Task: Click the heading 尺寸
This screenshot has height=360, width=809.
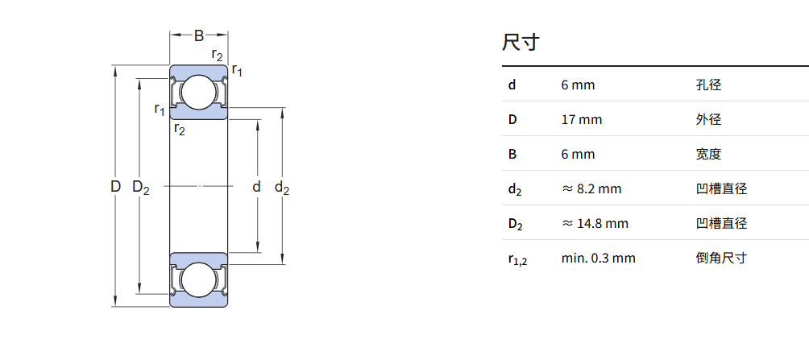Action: pyautogui.click(x=520, y=42)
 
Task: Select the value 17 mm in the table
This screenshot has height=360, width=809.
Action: pyautogui.click(x=582, y=120)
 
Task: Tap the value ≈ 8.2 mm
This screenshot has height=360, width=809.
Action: pyautogui.click(x=591, y=188)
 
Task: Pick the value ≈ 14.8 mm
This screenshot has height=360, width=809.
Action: pyautogui.click(x=595, y=223)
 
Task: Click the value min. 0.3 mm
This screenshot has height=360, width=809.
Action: pyautogui.click(x=599, y=258)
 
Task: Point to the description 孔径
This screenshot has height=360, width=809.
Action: pyautogui.click(x=708, y=85)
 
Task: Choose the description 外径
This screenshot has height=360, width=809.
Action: pyautogui.click(x=708, y=120)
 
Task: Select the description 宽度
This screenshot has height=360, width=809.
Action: pyautogui.click(x=708, y=154)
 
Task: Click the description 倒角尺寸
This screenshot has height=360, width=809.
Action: pyautogui.click(x=721, y=258)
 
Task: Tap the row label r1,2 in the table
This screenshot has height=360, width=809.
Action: pyautogui.click(x=517, y=259)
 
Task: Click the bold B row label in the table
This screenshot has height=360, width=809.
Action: pyautogui.click(x=512, y=154)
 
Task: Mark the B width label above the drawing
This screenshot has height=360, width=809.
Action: pyautogui.click(x=199, y=35)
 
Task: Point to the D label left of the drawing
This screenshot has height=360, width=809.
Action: pyautogui.click(x=115, y=187)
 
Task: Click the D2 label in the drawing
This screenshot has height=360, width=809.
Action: pyautogui.click(x=140, y=188)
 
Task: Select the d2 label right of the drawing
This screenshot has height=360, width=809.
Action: pyautogui.click(x=282, y=188)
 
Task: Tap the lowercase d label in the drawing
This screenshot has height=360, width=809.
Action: pyautogui.click(x=256, y=187)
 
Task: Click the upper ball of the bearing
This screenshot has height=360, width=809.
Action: pyautogui.click(x=199, y=93)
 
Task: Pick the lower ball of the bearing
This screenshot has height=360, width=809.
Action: pyautogui.click(x=199, y=280)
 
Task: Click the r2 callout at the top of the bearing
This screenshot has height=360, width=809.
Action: pyautogui.click(x=218, y=54)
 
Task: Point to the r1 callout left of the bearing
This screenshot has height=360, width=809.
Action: pyautogui.click(x=160, y=110)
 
